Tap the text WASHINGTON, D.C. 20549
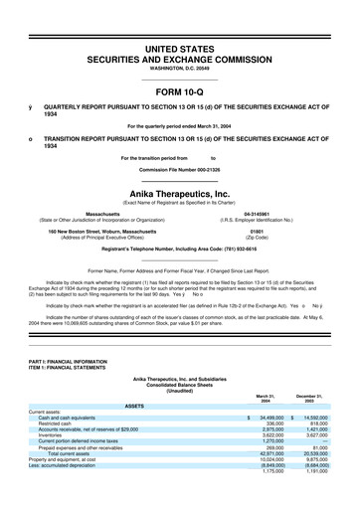click(x=179, y=70)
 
